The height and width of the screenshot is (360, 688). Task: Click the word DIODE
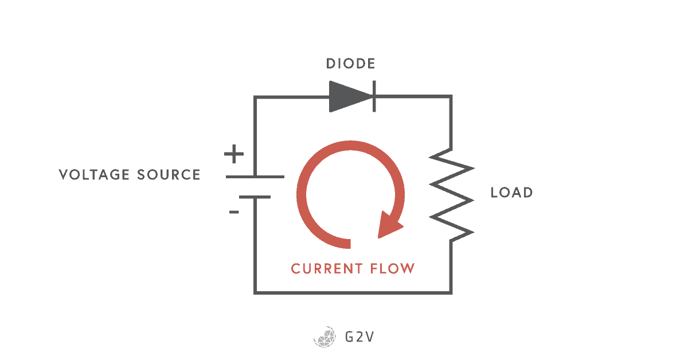351,64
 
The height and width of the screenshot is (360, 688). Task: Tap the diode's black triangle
347,96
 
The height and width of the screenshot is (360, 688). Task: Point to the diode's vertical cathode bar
374,96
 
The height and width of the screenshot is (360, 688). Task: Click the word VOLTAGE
95,175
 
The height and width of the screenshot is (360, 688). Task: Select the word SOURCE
169,175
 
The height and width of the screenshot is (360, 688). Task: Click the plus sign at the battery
233,154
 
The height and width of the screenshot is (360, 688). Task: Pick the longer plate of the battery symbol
255,177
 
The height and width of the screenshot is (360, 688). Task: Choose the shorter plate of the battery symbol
255,197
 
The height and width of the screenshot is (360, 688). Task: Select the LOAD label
511,193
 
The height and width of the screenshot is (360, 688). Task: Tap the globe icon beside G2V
325,337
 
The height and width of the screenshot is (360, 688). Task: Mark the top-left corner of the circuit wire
255,97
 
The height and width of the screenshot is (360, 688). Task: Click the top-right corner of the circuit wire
451,97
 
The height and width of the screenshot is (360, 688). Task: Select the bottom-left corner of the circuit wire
255,293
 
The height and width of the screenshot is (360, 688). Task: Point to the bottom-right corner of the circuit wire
451,293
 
